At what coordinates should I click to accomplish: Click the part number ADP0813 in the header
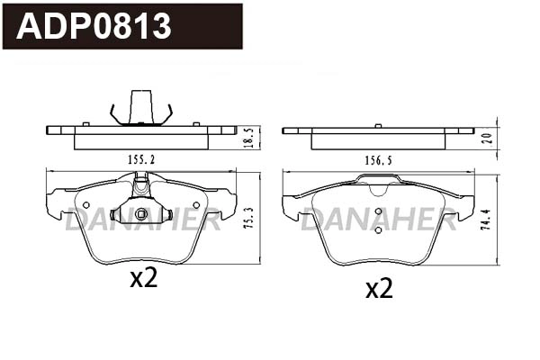[x=94, y=26]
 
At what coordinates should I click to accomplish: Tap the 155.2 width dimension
[x=141, y=159]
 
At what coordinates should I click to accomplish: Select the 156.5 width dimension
[x=378, y=160]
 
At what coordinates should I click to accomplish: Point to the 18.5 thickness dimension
[x=250, y=138]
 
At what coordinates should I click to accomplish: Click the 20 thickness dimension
[x=488, y=139]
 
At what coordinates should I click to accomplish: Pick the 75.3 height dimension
[x=249, y=218]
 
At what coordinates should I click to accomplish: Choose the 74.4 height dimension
[x=487, y=220]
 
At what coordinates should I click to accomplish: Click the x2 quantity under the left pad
[x=144, y=279]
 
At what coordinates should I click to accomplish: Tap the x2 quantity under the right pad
[x=379, y=290]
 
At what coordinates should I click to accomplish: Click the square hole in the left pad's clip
[x=141, y=214]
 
